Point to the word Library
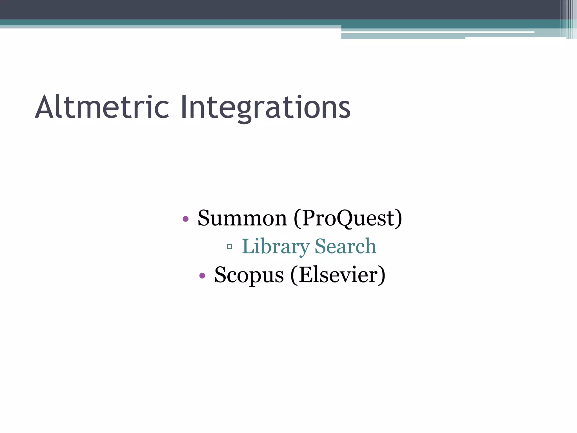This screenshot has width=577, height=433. click(x=276, y=247)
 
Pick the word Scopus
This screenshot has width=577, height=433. click(x=249, y=275)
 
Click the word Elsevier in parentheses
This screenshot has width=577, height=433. click(x=338, y=275)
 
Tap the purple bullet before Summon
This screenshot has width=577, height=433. click(x=185, y=219)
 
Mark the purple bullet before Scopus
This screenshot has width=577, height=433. click(x=202, y=276)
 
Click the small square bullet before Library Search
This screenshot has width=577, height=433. click(x=229, y=247)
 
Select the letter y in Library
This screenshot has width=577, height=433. click(x=304, y=249)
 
